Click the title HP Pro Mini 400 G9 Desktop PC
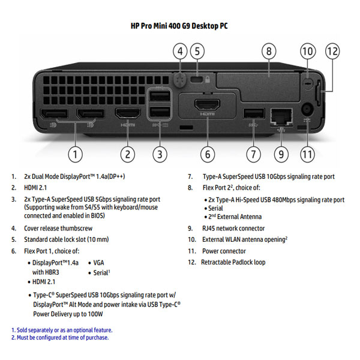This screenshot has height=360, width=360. tap(179, 26)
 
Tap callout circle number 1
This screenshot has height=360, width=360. tap(74, 154)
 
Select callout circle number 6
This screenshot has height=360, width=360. tap(207, 154)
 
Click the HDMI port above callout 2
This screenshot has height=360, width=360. tap(127, 113)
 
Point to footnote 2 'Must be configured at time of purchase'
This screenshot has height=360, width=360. tap(60, 338)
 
